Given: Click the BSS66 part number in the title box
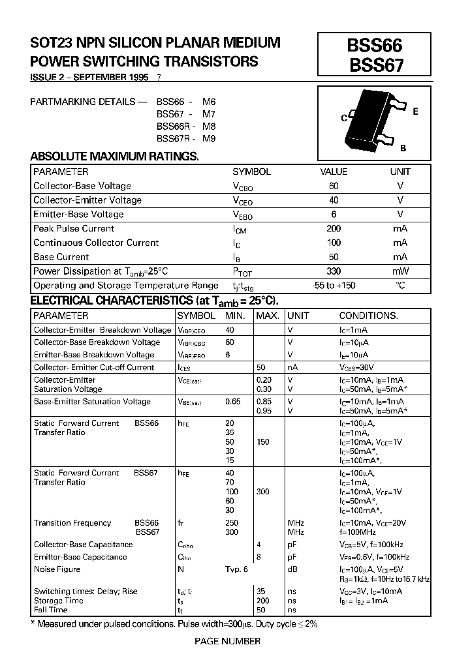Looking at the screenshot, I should [x=375, y=45].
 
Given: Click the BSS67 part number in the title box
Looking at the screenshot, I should [x=375, y=65].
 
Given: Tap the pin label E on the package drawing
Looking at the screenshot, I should [x=415, y=112].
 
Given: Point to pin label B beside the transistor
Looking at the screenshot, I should [x=403, y=148].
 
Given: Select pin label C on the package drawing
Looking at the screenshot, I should [x=344, y=119].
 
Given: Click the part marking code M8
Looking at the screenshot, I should [x=208, y=127].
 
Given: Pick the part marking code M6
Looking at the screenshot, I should [x=208, y=102].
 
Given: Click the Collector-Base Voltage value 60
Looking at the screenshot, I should [x=334, y=186].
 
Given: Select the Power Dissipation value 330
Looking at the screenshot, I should [x=334, y=271].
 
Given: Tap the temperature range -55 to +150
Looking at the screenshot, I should [x=334, y=286].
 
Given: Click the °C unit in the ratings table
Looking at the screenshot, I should [x=399, y=286].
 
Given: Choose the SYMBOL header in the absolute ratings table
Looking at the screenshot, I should [x=251, y=172].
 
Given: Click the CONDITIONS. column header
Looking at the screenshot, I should [x=368, y=316].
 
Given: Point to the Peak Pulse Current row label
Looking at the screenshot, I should [x=74, y=229].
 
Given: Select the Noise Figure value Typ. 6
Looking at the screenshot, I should [x=237, y=569].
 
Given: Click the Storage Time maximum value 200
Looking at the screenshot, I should [x=263, y=601].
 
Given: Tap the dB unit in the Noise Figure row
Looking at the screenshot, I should [x=292, y=569].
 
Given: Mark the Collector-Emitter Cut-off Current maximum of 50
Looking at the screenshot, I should [x=260, y=367].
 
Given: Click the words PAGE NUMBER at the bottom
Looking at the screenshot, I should [x=228, y=641].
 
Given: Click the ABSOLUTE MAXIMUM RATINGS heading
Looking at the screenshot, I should [x=115, y=157].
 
